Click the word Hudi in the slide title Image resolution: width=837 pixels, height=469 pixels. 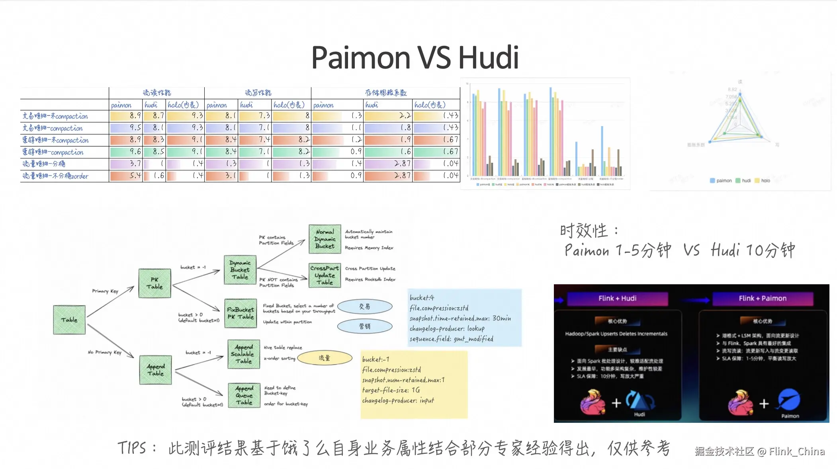(x=489, y=58)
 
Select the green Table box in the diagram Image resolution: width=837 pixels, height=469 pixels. (x=69, y=320)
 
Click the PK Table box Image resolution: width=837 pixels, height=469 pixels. (x=155, y=283)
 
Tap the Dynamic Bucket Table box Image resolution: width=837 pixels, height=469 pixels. (x=240, y=270)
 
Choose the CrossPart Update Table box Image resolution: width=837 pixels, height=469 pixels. (x=325, y=275)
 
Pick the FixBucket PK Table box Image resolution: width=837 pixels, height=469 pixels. (x=241, y=313)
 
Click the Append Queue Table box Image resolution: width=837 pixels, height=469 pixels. (x=244, y=395)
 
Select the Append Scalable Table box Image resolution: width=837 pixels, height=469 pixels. (x=244, y=354)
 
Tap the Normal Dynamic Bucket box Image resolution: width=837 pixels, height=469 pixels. (x=325, y=239)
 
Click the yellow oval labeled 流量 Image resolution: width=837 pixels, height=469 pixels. (x=325, y=358)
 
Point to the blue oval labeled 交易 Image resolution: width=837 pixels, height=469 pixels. (x=365, y=307)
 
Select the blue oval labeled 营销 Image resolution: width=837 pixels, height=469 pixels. (x=365, y=326)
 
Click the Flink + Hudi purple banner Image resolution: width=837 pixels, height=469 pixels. (x=617, y=299)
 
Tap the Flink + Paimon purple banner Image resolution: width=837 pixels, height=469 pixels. (x=763, y=299)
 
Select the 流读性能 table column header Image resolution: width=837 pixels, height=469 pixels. (x=157, y=93)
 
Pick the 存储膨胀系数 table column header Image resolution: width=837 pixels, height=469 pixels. (x=385, y=93)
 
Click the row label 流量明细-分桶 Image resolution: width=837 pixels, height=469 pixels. (x=44, y=164)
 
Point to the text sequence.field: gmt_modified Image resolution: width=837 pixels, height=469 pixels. (x=451, y=339)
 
